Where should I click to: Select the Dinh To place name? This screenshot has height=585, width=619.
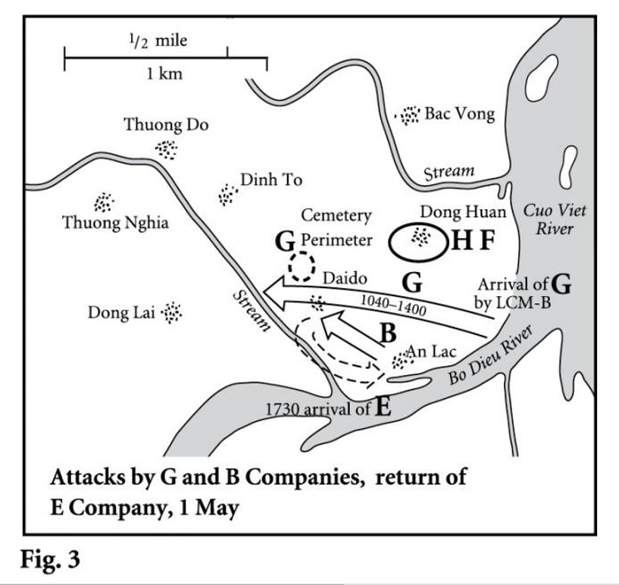point(271,180)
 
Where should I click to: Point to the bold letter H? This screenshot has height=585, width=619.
point(461,242)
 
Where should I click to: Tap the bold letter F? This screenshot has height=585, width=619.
point(487,242)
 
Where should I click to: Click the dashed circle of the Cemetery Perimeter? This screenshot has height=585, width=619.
point(302,266)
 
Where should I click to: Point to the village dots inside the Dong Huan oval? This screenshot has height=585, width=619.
point(417,238)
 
